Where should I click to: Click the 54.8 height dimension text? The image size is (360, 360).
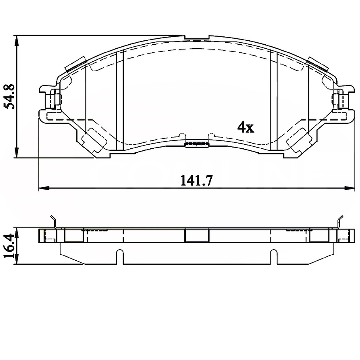pyautogui.click(x=9, y=96)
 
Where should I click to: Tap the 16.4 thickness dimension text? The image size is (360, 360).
pyautogui.click(x=9, y=246)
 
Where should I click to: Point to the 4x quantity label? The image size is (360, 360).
pyautogui.click(x=245, y=127)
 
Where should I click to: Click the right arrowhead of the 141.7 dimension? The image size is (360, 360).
pyautogui.click(x=351, y=187)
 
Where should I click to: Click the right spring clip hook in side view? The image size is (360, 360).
pyautogui.click(x=340, y=222)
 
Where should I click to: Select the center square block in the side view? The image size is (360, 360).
pyautogui.click(x=197, y=236)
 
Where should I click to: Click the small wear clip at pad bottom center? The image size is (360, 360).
pyautogui.click(x=197, y=144)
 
